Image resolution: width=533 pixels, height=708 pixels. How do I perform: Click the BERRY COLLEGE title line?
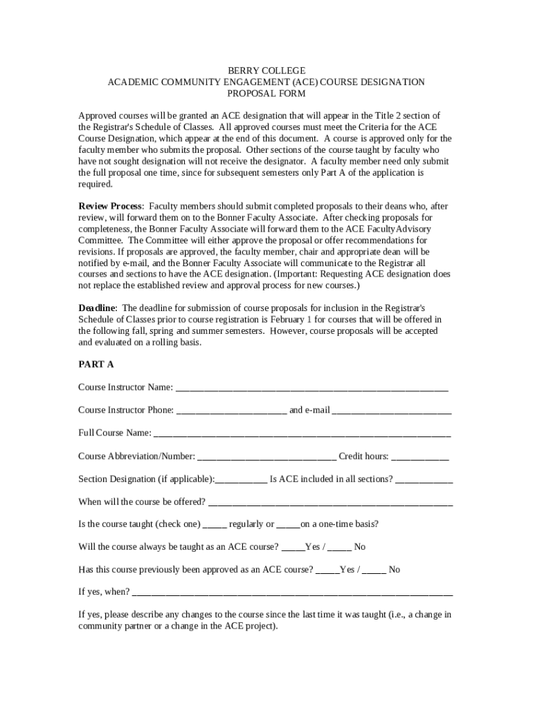[x=266, y=71]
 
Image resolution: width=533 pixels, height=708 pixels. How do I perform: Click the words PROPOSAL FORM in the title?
[x=266, y=93]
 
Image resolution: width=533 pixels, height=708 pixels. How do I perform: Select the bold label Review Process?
[x=111, y=206]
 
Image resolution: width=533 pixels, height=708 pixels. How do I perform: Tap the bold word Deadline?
[x=97, y=308]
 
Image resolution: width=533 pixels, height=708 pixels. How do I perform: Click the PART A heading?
[x=96, y=364]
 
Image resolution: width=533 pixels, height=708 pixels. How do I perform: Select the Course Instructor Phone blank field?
[x=231, y=411]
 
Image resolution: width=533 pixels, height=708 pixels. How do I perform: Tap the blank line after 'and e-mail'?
[x=392, y=411]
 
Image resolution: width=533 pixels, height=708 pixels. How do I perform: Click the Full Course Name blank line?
[x=302, y=434]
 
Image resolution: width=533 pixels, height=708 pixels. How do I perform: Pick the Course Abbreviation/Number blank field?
[x=266, y=457]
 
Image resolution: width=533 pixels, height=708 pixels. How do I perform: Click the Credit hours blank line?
[x=420, y=457]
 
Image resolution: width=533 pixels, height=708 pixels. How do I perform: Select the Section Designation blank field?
[x=242, y=481]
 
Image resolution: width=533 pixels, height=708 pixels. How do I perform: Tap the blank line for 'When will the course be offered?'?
[x=330, y=503]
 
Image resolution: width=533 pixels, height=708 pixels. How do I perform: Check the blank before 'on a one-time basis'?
[x=289, y=525]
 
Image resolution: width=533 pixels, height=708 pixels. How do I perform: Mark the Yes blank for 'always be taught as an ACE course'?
[x=293, y=548]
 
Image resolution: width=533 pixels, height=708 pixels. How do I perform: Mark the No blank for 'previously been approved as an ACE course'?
[x=374, y=571]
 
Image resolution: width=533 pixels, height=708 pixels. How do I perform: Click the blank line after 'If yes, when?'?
[x=292, y=593]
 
